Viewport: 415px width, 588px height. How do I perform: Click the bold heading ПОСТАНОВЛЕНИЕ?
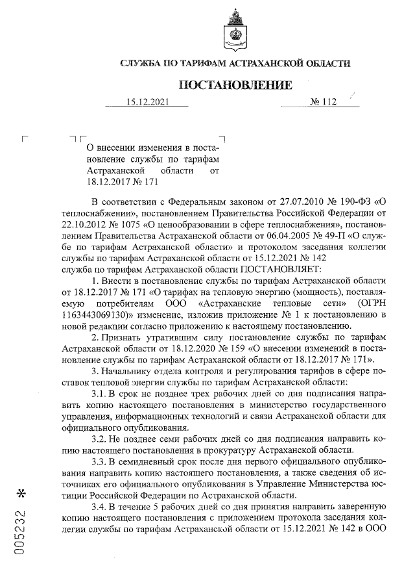(235, 85)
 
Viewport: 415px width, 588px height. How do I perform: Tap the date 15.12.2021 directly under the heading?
(148, 102)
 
